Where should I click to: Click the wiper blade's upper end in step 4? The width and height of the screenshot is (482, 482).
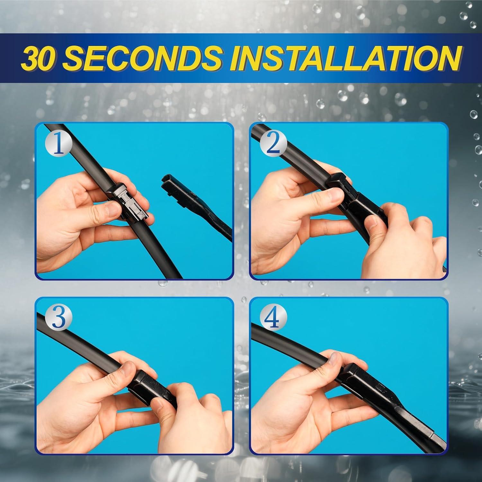(254, 329)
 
